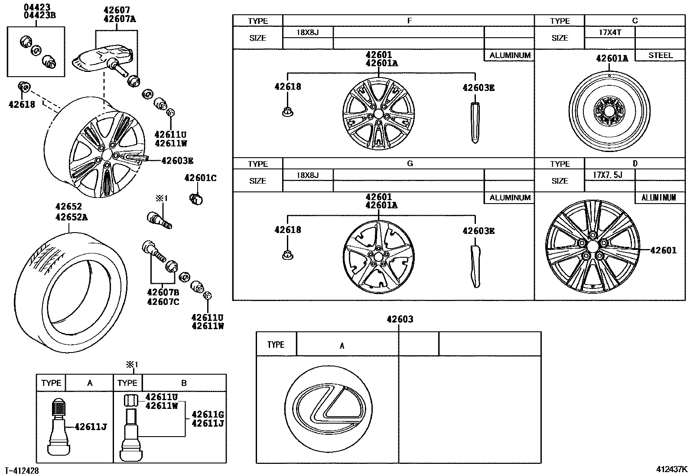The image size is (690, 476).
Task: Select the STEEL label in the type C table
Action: coord(661,55)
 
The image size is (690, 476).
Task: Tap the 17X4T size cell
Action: coord(609,32)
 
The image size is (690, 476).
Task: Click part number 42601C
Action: coord(200,178)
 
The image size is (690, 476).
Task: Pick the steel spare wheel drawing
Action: coord(609,108)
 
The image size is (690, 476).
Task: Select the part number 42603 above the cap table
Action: coord(400,320)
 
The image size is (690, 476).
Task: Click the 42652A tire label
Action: coord(72,217)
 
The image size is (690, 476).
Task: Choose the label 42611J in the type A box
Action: coord(91,427)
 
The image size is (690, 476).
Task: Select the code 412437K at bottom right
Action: coord(671,469)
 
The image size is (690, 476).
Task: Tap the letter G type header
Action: coord(410,164)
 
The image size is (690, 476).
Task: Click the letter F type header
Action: coord(410,21)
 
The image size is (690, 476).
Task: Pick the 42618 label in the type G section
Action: coord(287,230)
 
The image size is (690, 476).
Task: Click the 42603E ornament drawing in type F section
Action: coord(475,123)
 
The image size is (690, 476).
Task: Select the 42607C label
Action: coord(163,302)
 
